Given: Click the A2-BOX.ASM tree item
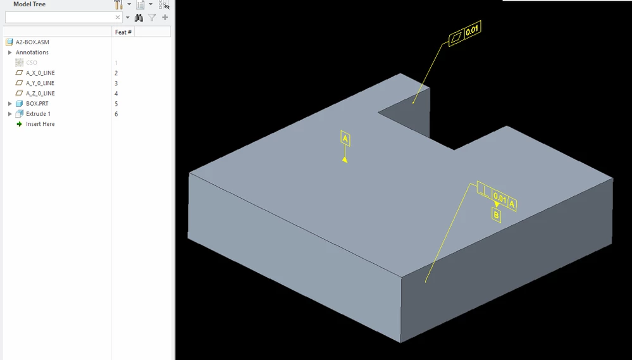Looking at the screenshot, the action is coord(32,42).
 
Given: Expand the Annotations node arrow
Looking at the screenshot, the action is coord(9,53).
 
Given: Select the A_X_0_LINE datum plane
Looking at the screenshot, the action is coord(40,73).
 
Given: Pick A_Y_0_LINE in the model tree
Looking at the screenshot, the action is coord(40,83).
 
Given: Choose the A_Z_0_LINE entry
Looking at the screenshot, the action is coord(40,93).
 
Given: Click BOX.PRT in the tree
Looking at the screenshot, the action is coord(37,104).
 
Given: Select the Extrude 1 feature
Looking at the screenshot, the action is coord(39,114).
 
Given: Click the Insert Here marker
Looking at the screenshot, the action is coord(40,124).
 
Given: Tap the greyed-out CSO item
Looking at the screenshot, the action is coord(32,63).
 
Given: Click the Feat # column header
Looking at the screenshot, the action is coord(123,32).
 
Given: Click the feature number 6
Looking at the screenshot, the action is coord(116,114).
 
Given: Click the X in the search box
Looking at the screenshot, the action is coord(118,17).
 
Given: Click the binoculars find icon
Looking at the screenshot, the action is coord(139,17).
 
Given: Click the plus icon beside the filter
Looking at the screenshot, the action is coord(165,17).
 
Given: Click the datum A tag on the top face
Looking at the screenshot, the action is coord(345,139).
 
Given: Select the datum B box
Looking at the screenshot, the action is coord(496,215).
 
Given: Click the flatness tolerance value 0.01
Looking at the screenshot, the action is coord(472,30).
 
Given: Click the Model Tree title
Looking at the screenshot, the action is coord(30,4).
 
